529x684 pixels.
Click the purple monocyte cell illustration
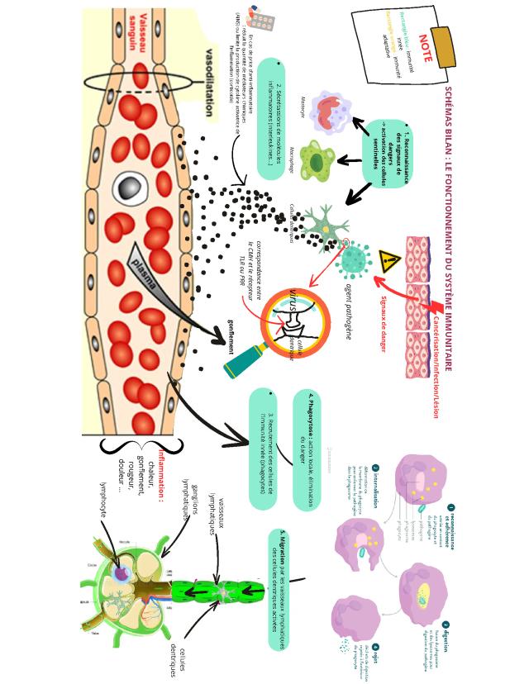pyautogui.click(x=329, y=111)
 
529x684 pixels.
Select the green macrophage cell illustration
pyautogui.click(x=315, y=160)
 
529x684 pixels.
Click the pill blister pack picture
pyautogui.click(x=262, y=19)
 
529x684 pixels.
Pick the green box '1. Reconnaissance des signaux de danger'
pyautogui.click(x=382, y=148)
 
